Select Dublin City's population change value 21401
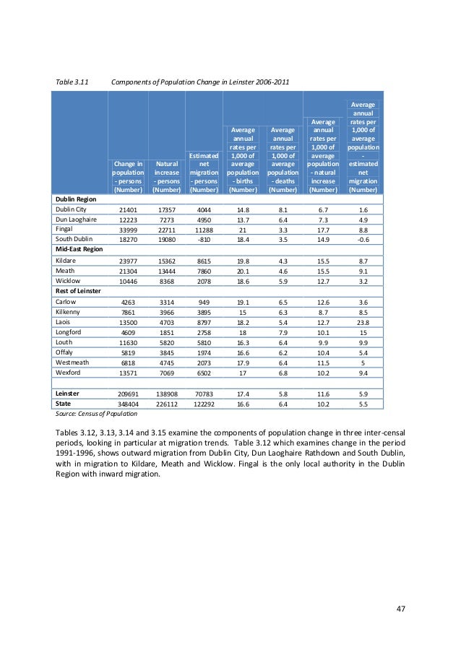(127, 209)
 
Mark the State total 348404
(127, 404)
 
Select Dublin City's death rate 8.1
(283, 209)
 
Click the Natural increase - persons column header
(167, 178)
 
